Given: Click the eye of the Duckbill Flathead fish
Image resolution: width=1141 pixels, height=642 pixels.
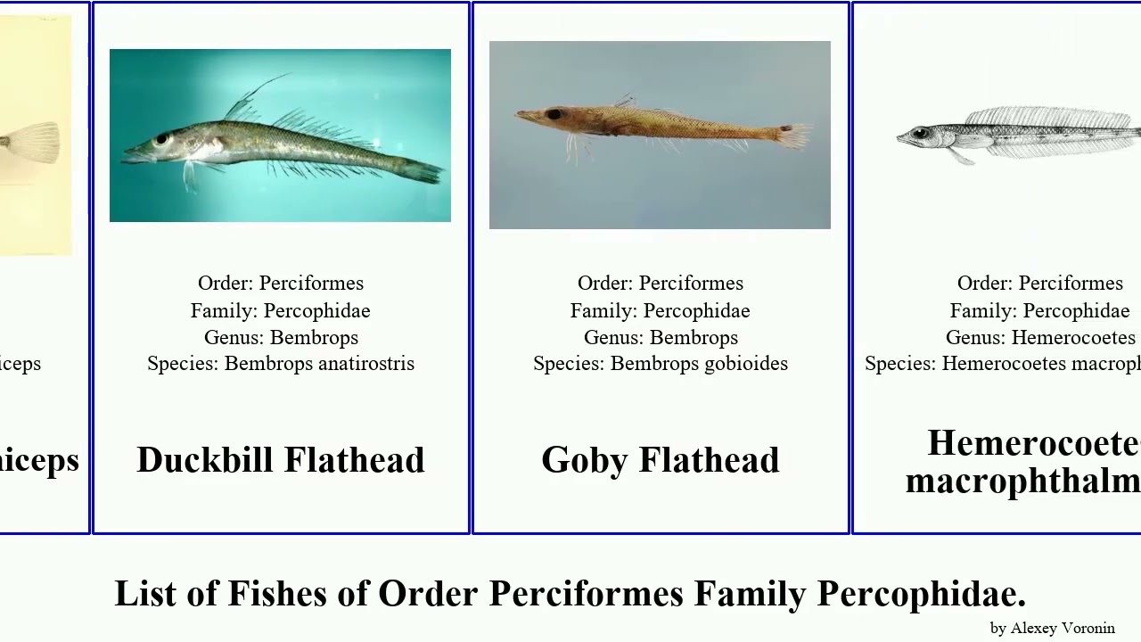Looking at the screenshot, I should pyautogui.click(x=161, y=139).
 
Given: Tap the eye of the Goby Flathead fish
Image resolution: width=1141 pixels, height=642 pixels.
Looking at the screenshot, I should pyautogui.click(x=554, y=115).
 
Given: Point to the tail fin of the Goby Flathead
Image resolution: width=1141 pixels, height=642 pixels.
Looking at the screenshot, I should pyautogui.click(x=793, y=136).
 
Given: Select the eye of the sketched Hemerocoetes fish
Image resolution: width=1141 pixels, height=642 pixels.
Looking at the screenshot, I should pyautogui.click(x=921, y=134).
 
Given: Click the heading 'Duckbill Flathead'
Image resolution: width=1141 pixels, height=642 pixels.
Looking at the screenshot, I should pyautogui.click(x=280, y=460).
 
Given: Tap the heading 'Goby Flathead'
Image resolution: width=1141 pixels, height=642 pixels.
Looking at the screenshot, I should pyautogui.click(x=660, y=460).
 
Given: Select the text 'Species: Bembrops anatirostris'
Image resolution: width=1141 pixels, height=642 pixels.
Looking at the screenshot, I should pyautogui.click(x=280, y=364).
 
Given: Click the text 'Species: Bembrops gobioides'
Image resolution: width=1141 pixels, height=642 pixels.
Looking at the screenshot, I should pyautogui.click(x=660, y=364).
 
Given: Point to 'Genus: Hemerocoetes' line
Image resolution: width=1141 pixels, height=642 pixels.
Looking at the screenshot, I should pyautogui.click(x=1040, y=338).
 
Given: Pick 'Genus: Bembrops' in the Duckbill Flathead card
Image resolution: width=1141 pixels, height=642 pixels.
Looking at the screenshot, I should pyautogui.click(x=280, y=338).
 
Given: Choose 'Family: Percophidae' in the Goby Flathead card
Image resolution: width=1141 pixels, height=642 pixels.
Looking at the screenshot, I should pyautogui.click(x=660, y=311).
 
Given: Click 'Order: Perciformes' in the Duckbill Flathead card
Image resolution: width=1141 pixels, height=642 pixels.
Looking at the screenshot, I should pyautogui.click(x=280, y=284).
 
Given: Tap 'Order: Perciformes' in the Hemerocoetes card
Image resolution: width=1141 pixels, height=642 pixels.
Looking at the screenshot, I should pyautogui.click(x=1039, y=284).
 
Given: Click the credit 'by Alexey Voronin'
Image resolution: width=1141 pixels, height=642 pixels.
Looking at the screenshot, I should pyautogui.click(x=1052, y=629).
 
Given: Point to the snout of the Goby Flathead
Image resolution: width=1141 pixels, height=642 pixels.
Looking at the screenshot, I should pyautogui.click(x=523, y=114).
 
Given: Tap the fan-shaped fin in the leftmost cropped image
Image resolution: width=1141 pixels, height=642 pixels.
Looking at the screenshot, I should pyautogui.click(x=36, y=141).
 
